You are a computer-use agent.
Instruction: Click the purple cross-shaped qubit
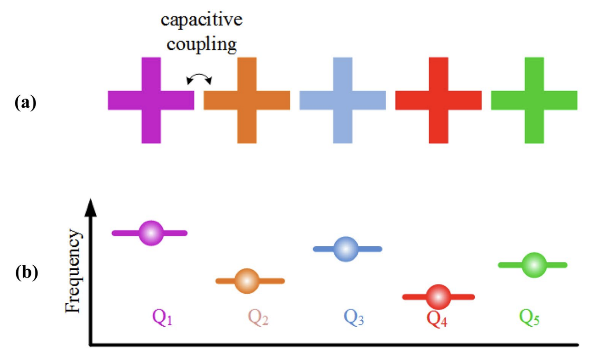(x=151, y=100)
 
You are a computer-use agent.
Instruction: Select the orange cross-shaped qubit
(x=247, y=100)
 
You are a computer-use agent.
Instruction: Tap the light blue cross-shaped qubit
(x=343, y=100)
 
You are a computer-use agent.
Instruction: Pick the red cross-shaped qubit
(x=438, y=100)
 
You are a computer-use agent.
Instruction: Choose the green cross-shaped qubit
(x=534, y=100)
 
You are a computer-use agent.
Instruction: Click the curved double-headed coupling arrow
(x=199, y=75)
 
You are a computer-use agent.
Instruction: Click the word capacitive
(x=202, y=19)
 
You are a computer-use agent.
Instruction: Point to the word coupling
(x=202, y=44)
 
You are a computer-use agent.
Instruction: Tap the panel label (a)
(x=25, y=103)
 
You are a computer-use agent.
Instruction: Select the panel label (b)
(x=26, y=272)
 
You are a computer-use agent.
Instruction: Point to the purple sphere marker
(x=151, y=233)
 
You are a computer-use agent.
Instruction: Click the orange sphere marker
(x=247, y=281)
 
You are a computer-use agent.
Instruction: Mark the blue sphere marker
(x=345, y=249)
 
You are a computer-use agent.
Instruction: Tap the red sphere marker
(x=438, y=297)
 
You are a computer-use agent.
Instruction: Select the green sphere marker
(x=534, y=265)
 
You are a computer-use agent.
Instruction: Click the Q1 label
(x=162, y=318)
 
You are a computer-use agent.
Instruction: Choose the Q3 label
(x=354, y=318)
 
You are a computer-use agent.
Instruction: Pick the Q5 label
(x=530, y=318)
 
